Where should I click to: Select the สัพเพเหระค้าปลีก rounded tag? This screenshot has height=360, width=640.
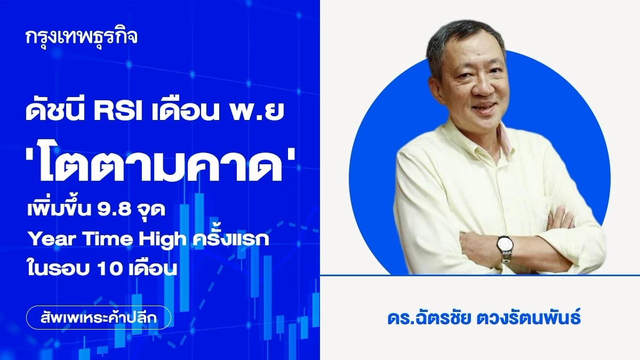click(99, 317)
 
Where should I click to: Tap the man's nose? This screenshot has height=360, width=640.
click(483, 86)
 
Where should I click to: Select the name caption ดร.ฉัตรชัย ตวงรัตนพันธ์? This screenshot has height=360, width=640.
click(484, 318)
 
